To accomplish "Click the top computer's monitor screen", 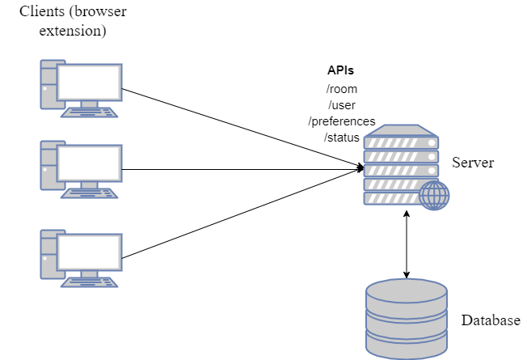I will [89, 82].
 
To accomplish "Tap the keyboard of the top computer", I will [89, 112].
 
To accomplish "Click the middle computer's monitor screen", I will [89, 163].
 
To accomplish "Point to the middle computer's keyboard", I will [89, 193].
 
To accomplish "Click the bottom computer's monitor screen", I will [89, 252].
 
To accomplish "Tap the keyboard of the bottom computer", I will [89, 282].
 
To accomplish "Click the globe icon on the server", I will [434, 196].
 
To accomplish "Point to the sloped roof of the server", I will [401, 130].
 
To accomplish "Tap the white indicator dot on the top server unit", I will [432, 143].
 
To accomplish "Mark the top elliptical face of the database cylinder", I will [407, 290].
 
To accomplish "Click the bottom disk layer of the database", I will [407, 346].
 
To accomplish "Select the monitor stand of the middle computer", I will [89, 185].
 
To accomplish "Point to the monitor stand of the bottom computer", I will [89, 274].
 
